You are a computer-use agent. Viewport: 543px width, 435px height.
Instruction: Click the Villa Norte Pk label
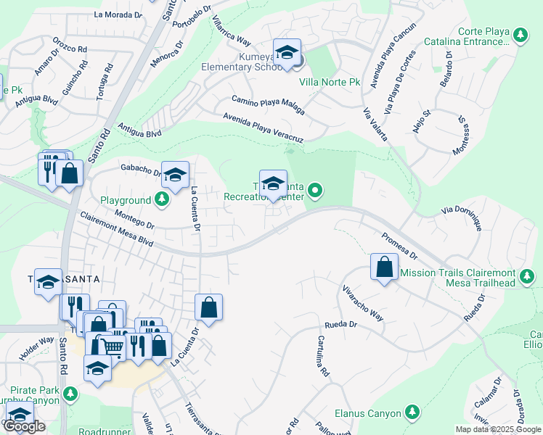click(329, 83)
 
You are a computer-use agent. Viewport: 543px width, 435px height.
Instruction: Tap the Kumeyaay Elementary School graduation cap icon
click(287, 53)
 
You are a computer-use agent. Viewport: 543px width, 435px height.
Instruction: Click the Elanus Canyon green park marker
click(412, 413)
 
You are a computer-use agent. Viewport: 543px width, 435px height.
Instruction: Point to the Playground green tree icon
click(161, 199)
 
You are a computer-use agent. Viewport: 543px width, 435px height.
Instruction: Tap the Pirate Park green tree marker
click(70, 394)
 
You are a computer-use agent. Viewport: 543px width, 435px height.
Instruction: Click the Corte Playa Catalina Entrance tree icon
click(520, 35)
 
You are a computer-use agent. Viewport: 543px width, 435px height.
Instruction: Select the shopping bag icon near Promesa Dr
click(383, 267)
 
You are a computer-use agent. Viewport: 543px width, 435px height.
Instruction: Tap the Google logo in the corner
click(24, 427)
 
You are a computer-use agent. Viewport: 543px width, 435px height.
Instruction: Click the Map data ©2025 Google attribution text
click(498, 429)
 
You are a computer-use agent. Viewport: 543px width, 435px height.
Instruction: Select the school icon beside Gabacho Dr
click(175, 175)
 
